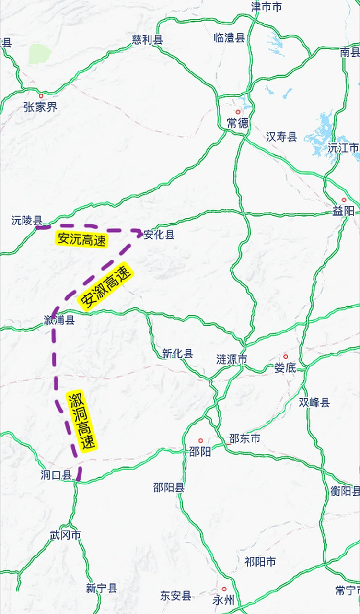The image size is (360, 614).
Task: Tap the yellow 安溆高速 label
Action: coord(105,287)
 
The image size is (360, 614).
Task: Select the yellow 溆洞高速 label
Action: coord(81,421)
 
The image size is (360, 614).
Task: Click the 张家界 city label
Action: coord(40,107)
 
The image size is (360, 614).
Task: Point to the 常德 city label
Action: coord(238,123)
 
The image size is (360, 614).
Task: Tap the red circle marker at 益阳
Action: coord(344,200)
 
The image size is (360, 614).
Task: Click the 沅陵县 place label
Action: coord(27,221)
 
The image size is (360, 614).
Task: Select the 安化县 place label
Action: coord(159,235)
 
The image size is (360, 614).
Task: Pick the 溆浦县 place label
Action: coord(59,320)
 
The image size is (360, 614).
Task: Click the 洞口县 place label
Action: coord(56,475)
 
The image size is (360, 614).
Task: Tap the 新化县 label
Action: coord(177,354)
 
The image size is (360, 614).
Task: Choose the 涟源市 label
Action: coord(232,359)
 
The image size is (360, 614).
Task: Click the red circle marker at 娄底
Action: coord(286,357)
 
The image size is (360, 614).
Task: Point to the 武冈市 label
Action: coord(65,535)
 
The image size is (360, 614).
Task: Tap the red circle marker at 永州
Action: coord(224,589)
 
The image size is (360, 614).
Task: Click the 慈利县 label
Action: coord(147,40)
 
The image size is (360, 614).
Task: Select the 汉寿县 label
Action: coord(281,137)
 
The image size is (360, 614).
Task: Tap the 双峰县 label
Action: coord(314,402)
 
